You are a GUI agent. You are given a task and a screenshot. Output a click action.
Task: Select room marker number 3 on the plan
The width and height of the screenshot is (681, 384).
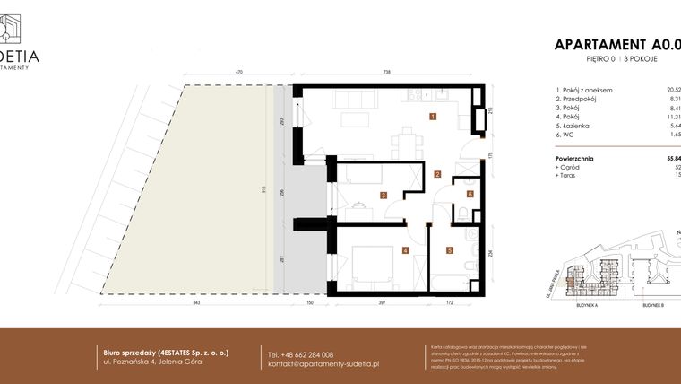coord(383,195)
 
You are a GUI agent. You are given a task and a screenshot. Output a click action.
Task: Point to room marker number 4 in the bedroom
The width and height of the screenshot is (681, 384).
coord(405,250)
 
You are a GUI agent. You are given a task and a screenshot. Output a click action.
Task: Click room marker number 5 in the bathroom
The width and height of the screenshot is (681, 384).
coord(450,250)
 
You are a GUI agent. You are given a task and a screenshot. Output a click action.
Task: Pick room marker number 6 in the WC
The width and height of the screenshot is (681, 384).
coord(469,193)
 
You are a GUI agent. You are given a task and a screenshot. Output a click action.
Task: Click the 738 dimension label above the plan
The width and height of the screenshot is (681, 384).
coord(388,72)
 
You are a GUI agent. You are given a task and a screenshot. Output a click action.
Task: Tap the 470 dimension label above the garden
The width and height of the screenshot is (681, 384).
coord(239,72)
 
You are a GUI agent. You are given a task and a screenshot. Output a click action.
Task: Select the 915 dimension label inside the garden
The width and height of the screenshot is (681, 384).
coord(261,189)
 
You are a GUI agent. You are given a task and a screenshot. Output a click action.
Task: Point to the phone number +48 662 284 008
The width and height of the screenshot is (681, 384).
coord(301,354)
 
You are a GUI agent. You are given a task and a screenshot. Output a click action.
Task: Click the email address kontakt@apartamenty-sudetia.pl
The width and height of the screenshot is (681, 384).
coord(323,364)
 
